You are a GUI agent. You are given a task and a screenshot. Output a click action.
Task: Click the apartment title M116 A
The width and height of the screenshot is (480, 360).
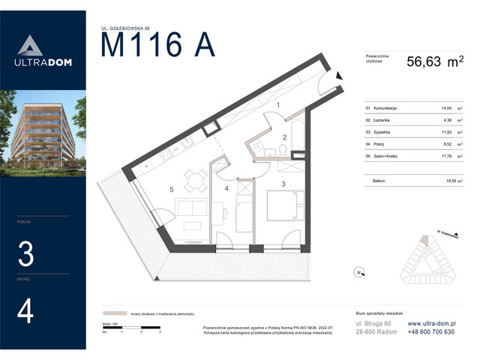(x=157, y=45)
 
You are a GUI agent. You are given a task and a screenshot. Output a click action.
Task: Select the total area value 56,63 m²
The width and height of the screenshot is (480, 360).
(x=434, y=64)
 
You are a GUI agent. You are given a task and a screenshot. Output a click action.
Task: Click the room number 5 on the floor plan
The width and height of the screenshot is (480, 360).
(x=172, y=190)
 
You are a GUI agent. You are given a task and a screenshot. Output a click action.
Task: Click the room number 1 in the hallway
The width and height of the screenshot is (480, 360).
(x=278, y=106)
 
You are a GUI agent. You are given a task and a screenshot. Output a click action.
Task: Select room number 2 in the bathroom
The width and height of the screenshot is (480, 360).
(x=284, y=136)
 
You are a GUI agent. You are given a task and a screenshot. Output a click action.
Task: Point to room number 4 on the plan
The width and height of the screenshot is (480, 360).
(x=226, y=188)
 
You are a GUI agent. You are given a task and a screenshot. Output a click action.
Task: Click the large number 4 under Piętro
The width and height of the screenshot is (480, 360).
(x=25, y=311)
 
